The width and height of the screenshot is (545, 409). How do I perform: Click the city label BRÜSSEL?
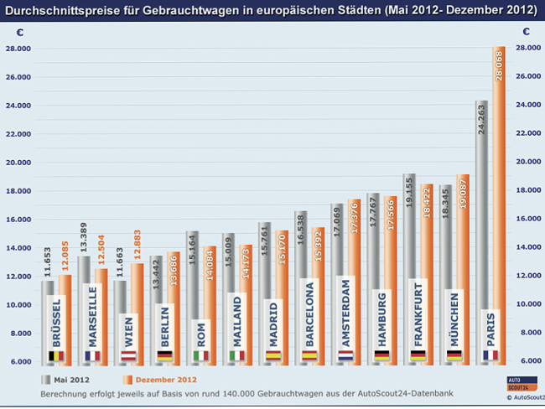click(x=56, y=321)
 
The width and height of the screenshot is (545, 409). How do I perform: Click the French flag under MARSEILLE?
click(x=92, y=355)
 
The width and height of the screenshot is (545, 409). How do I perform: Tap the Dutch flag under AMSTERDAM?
click(x=346, y=355)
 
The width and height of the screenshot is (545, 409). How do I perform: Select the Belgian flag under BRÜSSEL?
click(x=56, y=355)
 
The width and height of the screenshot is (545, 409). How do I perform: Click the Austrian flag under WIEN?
click(x=129, y=355)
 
